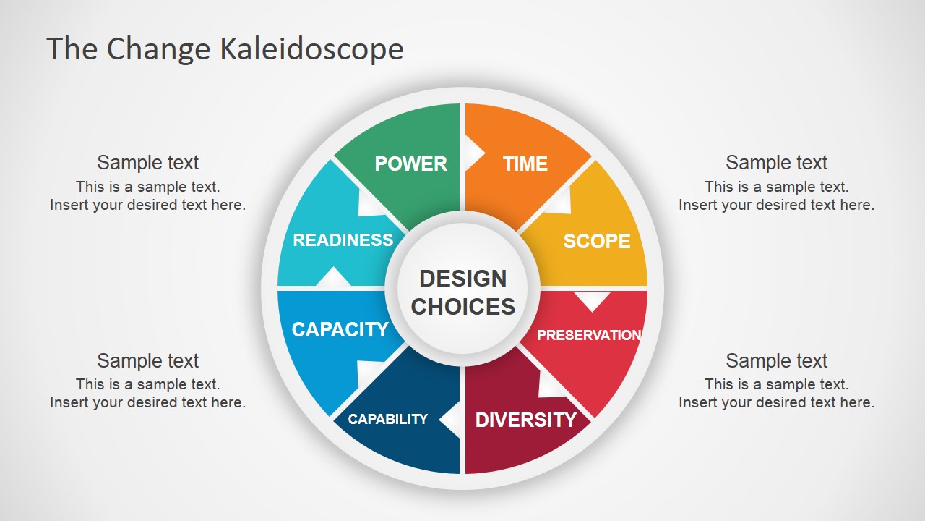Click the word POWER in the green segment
click(411, 164)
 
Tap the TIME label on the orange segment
click(525, 164)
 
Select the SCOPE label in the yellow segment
click(597, 241)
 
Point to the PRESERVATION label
click(589, 335)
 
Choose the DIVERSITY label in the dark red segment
click(525, 420)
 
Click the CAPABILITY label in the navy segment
click(388, 419)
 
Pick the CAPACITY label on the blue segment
click(340, 329)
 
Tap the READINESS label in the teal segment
click(343, 240)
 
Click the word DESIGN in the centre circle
click(463, 279)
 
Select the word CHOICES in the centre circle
click(463, 306)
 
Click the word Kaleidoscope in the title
click(311, 48)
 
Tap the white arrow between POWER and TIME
click(474, 153)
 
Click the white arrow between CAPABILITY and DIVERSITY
click(450, 419)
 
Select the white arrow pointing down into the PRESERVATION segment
click(592, 301)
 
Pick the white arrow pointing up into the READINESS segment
click(333, 276)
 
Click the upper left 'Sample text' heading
click(148, 163)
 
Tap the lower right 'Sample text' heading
click(776, 360)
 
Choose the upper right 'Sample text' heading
click(776, 163)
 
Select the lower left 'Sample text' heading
click(148, 360)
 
